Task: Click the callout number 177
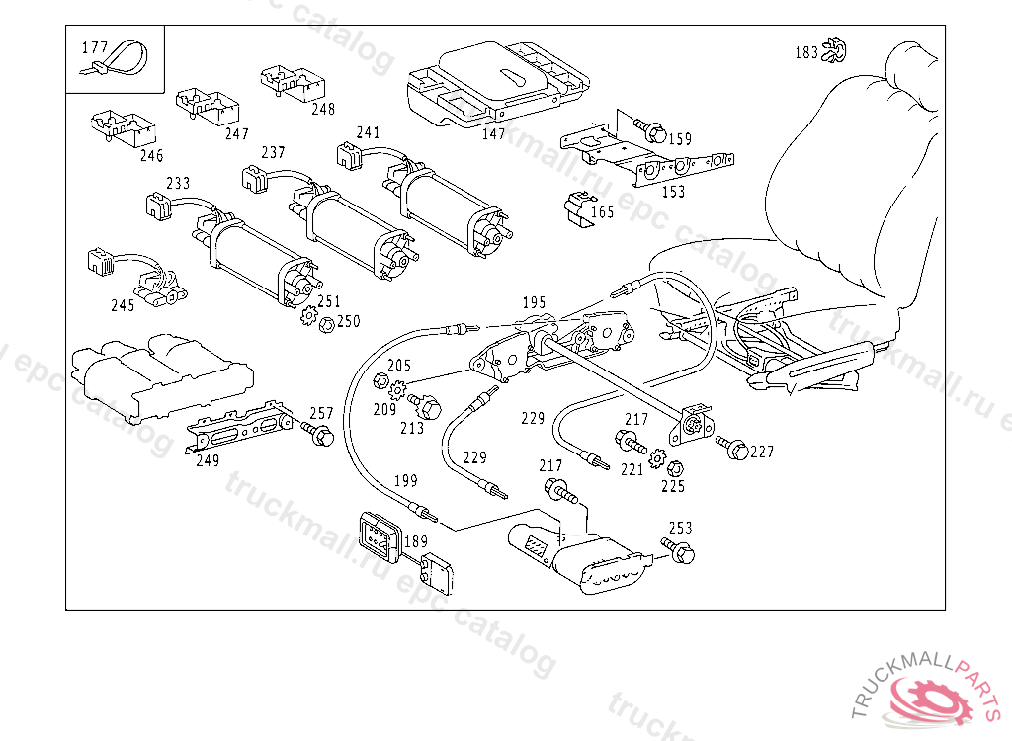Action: click(94, 47)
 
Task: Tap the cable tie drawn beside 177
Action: click(117, 59)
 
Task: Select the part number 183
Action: click(806, 52)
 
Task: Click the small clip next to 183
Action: click(834, 51)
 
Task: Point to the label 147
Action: click(494, 134)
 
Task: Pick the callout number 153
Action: click(673, 192)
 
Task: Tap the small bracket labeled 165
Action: click(579, 210)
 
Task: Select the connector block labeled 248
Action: click(293, 83)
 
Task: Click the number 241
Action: click(368, 133)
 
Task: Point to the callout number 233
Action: click(178, 184)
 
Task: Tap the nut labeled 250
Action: click(327, 324)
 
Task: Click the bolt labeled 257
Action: click(317, 433)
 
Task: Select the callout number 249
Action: click(208, 460)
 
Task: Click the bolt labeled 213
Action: click(425, 405)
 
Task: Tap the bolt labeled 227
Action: click(732, 447)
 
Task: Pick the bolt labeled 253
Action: click(678, 550)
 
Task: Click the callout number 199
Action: click(405, 481)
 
